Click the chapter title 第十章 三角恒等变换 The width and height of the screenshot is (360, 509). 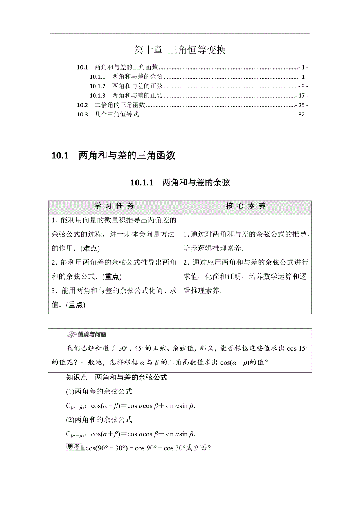(x=180, y=50)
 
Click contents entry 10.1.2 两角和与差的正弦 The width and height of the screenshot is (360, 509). (x=126, y=86)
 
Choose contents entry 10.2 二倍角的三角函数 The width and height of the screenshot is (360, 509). (x=111, y=105)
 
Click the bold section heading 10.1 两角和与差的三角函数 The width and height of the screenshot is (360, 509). (x=113, y=156)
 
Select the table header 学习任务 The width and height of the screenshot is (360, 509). (x=114, y=206)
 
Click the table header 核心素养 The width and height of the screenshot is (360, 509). (x=246, y=206)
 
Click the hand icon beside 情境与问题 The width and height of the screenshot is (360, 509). (x=72, y=335)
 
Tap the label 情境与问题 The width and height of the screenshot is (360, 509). (x=92, y=335)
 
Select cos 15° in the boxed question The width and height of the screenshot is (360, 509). (x=297, y=348)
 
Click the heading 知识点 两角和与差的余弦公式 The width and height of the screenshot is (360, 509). (x=117, y=377)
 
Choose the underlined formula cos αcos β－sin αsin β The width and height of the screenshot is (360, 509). (x=161, y=434)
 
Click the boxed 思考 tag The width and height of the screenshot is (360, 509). (x=74, y=447)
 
